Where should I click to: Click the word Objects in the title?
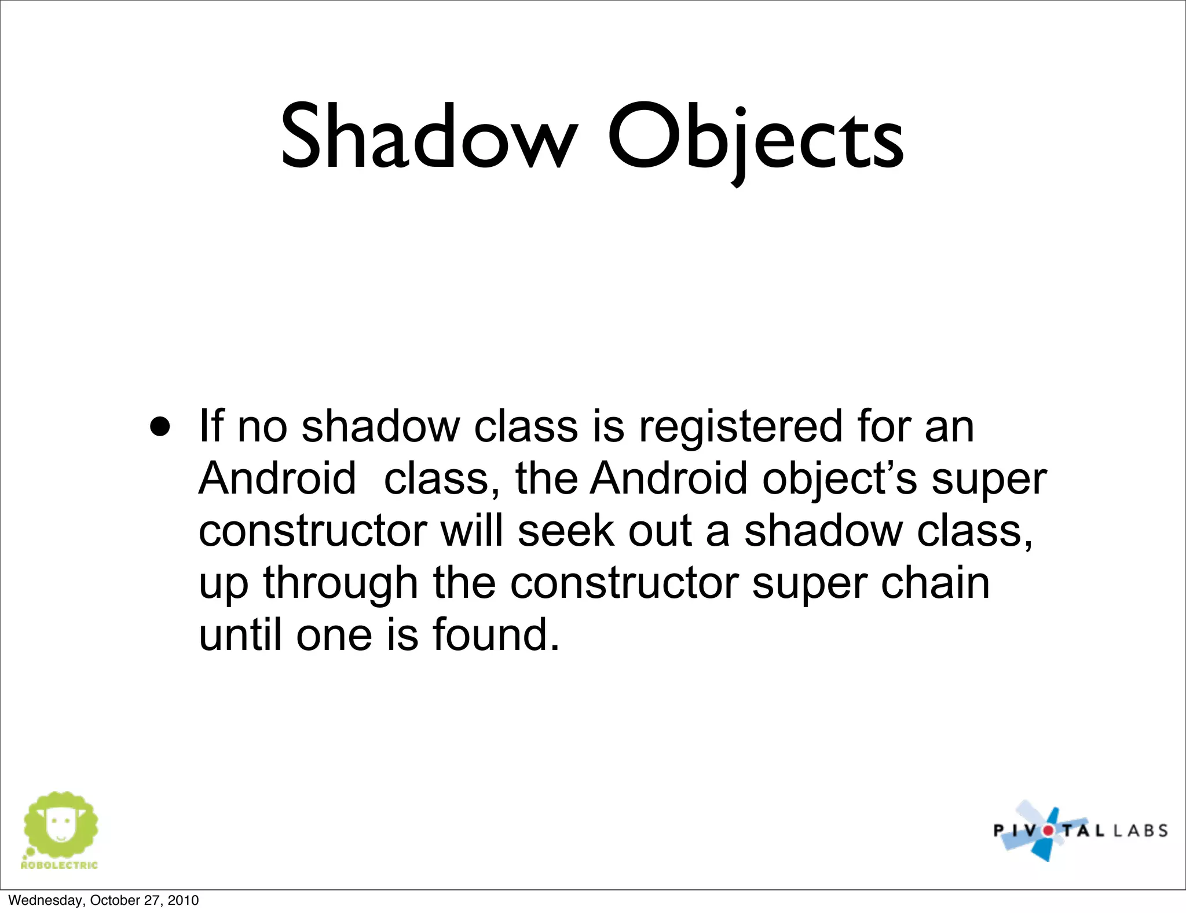point(755,139)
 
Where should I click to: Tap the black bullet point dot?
point(160,427)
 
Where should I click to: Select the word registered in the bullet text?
point(740,427)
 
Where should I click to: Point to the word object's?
point(840,480)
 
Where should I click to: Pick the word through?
point(341,584)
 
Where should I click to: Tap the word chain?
point(935,583)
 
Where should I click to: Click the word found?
point(496,635)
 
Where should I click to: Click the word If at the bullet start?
point(211,426)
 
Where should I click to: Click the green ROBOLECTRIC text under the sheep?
point(59,865)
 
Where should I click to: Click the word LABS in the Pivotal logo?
point(1139,831)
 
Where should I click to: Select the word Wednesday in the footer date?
point(46,900)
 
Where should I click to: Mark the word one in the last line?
point(334,635)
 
